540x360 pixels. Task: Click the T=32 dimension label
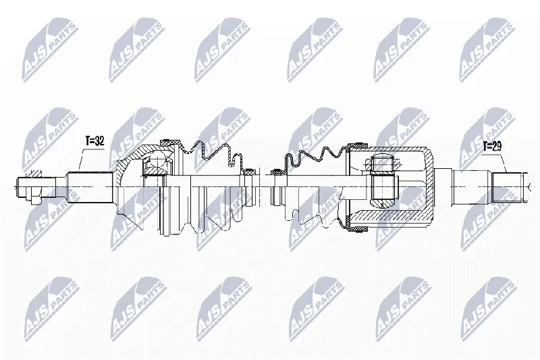tap(94, 141)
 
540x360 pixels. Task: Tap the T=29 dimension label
tap(492, 147)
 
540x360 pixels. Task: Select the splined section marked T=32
tap(90, 187)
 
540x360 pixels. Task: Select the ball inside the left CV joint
tap(157, 163)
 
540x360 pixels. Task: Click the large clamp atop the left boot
tap(170, 141)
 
